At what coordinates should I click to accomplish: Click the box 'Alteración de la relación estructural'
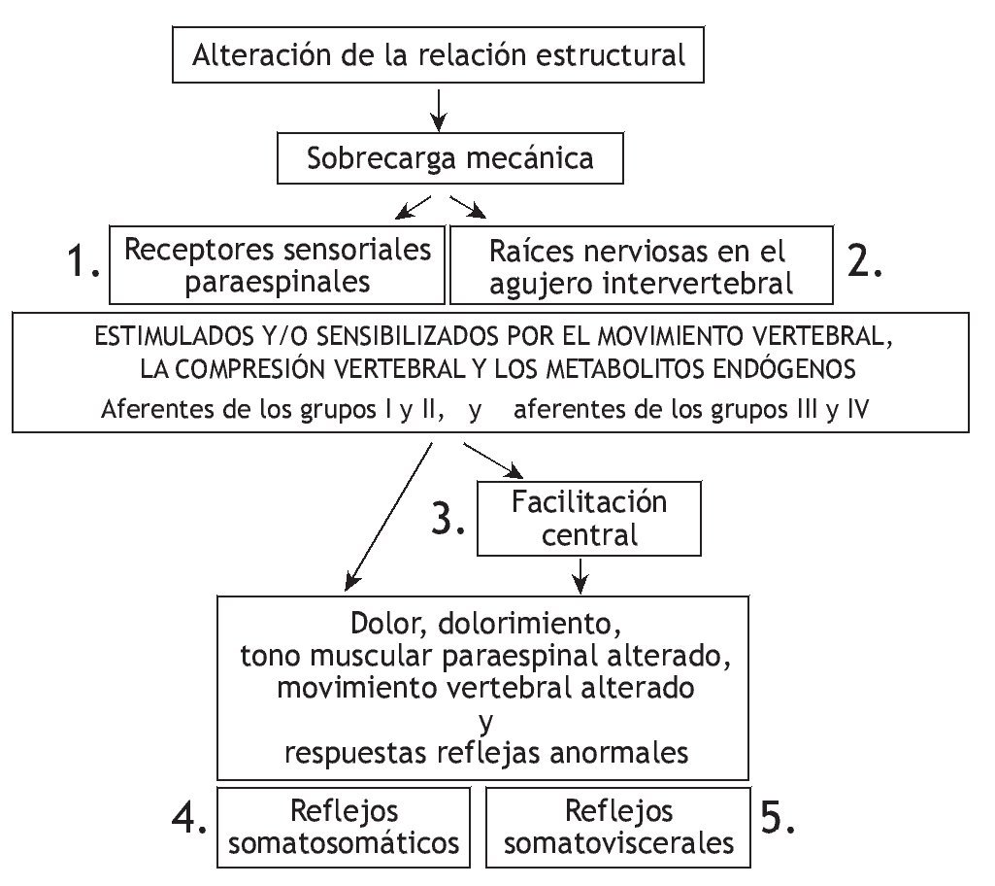tap(439, 54)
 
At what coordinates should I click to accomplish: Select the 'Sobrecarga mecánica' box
tap(449, 157)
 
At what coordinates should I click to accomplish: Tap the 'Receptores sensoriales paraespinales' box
tap(278, 264)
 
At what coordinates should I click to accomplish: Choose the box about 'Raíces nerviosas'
tap(642, 264)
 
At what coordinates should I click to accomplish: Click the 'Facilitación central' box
tap(589, 519)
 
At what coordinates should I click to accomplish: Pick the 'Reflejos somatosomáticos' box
tap(344, 827)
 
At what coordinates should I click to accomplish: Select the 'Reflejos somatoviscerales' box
tap(618, 827)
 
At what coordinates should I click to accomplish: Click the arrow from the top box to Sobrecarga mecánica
tap(439, 108)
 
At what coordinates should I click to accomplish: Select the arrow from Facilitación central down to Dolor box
tap(580, 574)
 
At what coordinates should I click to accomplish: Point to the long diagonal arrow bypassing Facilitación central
tap(388, 517)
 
